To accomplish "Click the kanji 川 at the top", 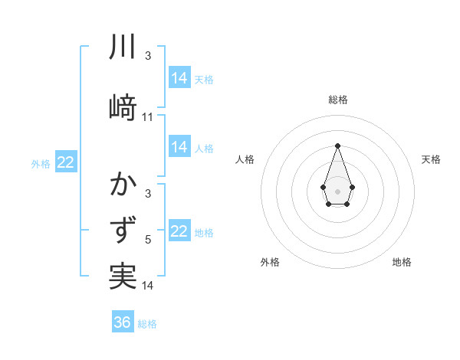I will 123,47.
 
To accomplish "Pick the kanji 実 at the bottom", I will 123,277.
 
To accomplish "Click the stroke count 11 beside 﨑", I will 148,117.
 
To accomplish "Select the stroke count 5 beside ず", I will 148,241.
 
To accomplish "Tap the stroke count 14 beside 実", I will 148,286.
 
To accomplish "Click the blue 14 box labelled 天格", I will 179,77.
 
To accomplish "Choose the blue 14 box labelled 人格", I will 179,147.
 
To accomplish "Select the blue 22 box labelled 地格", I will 179,231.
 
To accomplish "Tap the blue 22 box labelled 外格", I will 66,162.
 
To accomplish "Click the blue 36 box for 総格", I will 123,322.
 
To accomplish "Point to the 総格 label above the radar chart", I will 337,100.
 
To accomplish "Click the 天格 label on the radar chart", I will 431,159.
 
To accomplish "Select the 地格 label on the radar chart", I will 402,262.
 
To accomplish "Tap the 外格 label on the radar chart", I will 270,262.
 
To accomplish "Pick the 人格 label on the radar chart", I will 245,159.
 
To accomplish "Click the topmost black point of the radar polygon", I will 337,145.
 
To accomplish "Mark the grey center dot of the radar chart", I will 337,190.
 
